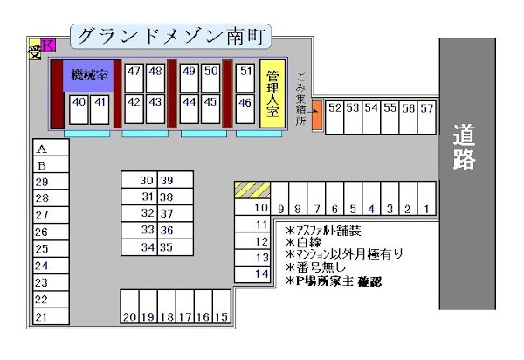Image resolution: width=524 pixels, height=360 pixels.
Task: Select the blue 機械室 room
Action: pos(89,75)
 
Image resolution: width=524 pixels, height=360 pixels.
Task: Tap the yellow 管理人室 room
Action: pos(272,93)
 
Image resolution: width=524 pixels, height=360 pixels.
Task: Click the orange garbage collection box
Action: pos(317,115)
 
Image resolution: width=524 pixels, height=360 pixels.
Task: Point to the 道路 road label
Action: pos(464,147)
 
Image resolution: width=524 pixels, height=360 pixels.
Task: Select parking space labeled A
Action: pos(48,149)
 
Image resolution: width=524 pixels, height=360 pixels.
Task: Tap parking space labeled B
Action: pos(48,165)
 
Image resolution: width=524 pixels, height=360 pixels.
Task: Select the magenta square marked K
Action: pos(48,45)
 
